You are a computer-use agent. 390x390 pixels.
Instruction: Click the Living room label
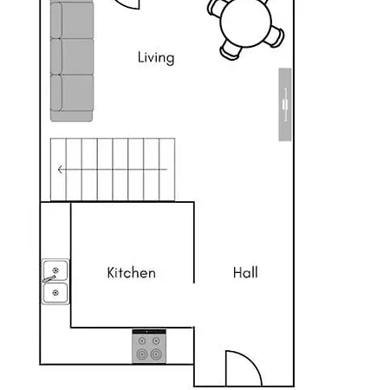(x=156, y=58)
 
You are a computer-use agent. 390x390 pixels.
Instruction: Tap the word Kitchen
(x=131, y=273)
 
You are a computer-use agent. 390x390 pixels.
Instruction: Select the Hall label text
(x=245, y=273)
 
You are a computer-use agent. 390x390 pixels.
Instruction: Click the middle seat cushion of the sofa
(x=76, y=55)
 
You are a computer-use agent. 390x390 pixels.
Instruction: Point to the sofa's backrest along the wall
(x=54, y=55)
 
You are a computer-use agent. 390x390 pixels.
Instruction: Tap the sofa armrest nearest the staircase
(x=72, y=114)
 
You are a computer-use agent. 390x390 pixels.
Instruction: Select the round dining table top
(x=246, y=21)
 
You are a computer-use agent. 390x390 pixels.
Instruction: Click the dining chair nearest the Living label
(x=231, y=49)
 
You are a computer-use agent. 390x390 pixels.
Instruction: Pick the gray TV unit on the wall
(x=284, y=104)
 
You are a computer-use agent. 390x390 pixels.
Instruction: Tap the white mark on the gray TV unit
(x=284, y=104)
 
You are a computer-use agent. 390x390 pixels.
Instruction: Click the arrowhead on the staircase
(x=60, y=170)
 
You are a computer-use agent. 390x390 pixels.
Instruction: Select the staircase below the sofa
(x=108, y=169)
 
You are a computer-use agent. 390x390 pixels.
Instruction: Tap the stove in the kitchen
(x=149, y=348)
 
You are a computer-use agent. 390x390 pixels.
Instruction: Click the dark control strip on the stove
(x=149, y=332)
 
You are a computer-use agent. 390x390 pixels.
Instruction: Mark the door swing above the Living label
(x=127, y=3)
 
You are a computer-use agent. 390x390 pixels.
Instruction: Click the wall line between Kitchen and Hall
(x=193, y=243)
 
